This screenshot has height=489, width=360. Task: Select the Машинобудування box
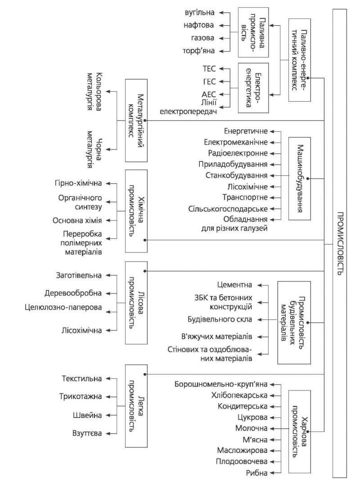pos(300,179)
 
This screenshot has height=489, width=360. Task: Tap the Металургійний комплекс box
pos(136,121)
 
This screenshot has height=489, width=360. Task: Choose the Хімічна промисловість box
pos(136,211)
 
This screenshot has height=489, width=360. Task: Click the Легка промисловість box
pos(136,406)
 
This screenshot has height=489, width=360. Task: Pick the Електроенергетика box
pos(253,88)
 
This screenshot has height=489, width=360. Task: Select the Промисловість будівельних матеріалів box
pos(294,323)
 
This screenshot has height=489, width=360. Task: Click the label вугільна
pos(200,13)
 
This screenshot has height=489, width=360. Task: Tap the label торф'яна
pos(199,50)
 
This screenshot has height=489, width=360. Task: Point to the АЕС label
pos(209,94)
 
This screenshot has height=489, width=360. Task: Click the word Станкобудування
pos(236,175)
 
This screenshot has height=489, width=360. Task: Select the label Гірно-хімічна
pos(78,183)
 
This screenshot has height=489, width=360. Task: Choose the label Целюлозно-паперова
pos(63,308)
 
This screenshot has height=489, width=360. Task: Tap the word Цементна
pos(234,285)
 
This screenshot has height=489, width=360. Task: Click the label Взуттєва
pos(87,433)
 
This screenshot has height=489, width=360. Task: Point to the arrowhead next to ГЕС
pos(221,81)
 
